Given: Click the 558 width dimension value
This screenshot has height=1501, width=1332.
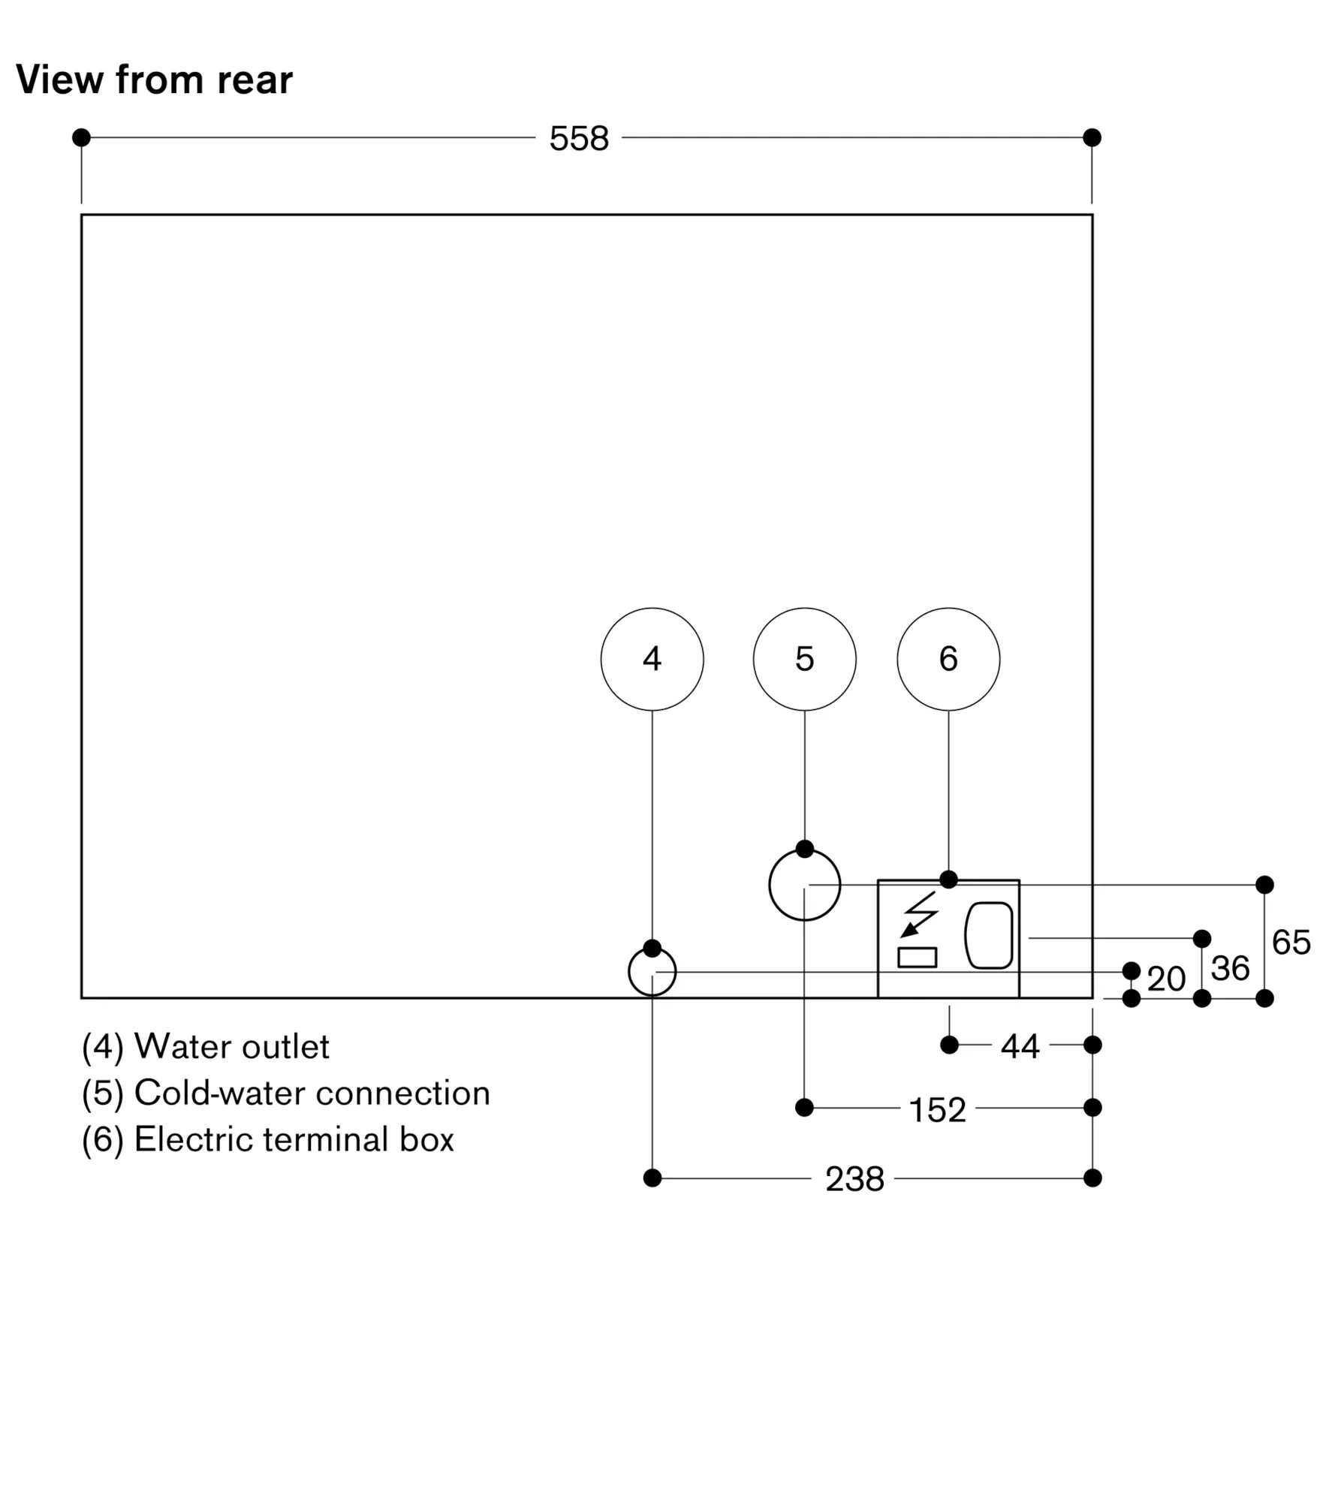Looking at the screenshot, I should point(579,139).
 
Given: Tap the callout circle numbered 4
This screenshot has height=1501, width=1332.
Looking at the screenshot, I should point(652,659).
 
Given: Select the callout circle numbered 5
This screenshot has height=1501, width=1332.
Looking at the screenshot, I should point(804,659).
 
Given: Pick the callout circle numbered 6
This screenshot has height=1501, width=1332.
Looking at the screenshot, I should point(948,659).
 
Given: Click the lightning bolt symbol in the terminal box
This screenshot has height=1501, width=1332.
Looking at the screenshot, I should point(919,914).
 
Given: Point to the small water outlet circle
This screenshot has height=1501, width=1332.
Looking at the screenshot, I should point(652,972).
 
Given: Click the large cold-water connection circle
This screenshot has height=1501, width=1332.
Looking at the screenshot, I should point(804,885).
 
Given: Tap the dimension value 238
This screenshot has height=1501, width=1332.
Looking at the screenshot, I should point(854,1179).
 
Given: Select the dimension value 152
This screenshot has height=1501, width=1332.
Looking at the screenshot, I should point(937,1110).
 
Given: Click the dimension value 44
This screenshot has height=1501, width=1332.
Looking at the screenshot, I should point(1020,1046).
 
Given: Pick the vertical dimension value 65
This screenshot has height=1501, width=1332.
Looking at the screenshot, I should point(1291,942).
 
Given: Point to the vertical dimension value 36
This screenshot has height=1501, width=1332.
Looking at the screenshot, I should point(1230,968).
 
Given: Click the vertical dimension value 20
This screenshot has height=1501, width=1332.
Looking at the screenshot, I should point(1166,979).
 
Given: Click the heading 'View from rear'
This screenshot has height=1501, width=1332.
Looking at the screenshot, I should point(154,80).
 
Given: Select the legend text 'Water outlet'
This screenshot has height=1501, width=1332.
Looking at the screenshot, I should point(231,1047).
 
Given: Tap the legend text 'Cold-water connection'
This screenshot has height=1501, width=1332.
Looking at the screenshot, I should point(312,1093).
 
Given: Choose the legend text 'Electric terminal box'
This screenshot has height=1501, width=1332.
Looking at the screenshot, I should point(294,1139).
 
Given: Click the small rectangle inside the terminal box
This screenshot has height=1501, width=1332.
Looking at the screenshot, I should point(917,957).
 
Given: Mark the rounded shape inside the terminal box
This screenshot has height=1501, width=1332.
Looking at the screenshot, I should point(989,934).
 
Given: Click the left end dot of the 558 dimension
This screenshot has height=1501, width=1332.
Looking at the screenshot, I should point(81,137).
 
